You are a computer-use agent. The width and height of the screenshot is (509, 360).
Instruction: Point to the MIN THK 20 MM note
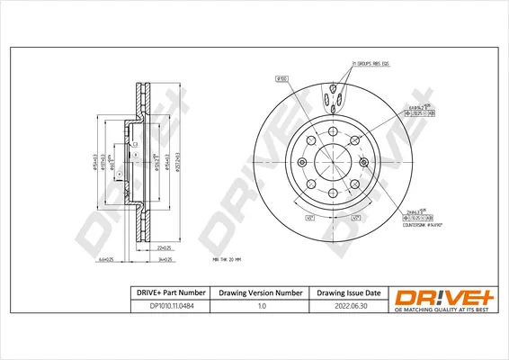click(228, 260)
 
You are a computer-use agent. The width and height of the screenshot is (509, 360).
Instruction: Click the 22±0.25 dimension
click(164, 247)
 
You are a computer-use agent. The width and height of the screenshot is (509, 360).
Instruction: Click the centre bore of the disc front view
click(333, 162)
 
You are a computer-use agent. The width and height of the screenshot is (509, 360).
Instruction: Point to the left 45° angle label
click(308, 218)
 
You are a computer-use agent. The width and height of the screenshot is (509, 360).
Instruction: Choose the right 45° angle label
click(356, 218)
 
